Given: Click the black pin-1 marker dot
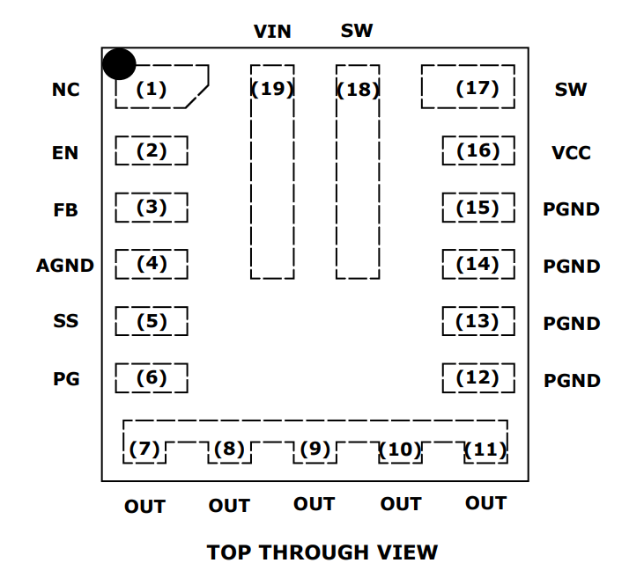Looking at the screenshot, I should (119, 64).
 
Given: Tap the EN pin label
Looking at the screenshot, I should (65, 153).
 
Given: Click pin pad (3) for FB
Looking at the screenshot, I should (152, 208).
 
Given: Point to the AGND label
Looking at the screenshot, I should (65, 266).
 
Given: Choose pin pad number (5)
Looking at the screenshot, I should (152, 321).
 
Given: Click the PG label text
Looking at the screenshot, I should (66, 379).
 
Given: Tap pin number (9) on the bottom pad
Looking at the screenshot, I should (315, 450).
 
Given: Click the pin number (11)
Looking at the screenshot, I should (485, 450).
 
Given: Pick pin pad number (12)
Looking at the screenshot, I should (477, 378).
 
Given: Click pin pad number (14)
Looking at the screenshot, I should (477, 264).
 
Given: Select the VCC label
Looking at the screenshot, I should (571, 153).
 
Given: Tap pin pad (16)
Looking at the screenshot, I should (477, 151).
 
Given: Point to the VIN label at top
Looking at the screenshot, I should (272, 32).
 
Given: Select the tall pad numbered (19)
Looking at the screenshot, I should (272, 171).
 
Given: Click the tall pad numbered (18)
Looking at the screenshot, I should (358, 171).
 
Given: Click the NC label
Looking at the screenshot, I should (65, 90).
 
